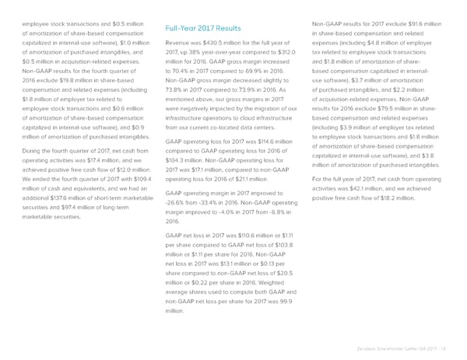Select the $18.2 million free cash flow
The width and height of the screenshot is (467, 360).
click(398, 197)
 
